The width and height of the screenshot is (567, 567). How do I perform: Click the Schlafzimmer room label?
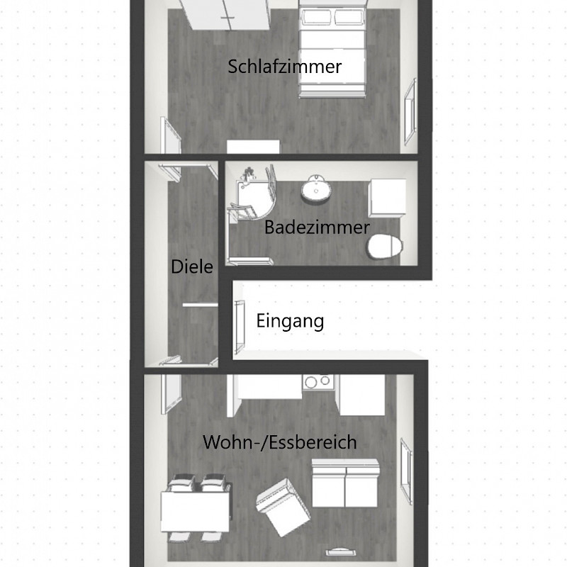(x=285, y=67)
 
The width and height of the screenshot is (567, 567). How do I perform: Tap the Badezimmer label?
(x=317, y=228)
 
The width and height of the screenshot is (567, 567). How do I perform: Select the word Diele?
(x=191, y=267)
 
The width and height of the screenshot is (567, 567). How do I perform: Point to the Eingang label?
(x=290, y=321)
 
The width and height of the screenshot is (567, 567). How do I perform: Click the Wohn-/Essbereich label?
(x=280, y=442)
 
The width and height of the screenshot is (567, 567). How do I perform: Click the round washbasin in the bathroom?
(x=315, y=187)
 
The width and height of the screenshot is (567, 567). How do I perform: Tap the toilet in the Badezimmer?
(x=385, y=247)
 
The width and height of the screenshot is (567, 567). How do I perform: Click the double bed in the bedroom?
(x=332, y=50)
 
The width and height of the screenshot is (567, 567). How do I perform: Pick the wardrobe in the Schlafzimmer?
(x=224, y=14)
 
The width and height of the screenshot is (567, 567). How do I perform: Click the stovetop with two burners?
(x=318, y=382)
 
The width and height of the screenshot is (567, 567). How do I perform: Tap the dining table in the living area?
(x=195, y=512)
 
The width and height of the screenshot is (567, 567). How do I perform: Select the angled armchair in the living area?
(x=283, y=507)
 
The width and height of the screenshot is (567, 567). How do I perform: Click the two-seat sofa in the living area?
(x=346, y=483)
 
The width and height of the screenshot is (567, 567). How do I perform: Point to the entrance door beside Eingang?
(x=240, y=327)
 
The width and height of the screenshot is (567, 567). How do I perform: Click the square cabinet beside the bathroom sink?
(x=387, y=198)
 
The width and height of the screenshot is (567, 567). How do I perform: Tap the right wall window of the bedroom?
(x=410, y=111)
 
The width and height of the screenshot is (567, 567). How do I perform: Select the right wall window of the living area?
(x=406, y=471)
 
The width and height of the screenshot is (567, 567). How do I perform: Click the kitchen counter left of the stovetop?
(x=265, y=388)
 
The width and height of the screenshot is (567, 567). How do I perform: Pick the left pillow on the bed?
(x=317, y=17)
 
